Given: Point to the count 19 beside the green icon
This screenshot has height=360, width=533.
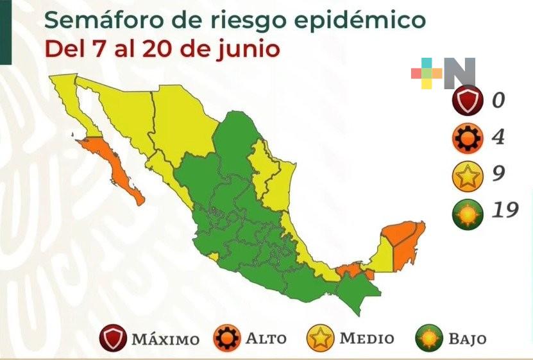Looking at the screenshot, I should tap(502, 210).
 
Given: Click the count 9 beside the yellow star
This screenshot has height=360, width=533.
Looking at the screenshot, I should tap(496, 173).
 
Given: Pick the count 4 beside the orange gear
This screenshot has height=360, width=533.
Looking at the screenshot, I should tap(496, 137).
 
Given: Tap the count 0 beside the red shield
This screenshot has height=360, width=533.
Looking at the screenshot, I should tap(498, 100).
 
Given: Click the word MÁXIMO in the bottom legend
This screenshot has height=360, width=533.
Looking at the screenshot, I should tap(165, 339).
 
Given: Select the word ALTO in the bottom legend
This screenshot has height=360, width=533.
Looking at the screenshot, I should tap(266, 338).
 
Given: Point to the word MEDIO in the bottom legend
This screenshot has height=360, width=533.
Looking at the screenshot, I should tap(367, 338).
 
